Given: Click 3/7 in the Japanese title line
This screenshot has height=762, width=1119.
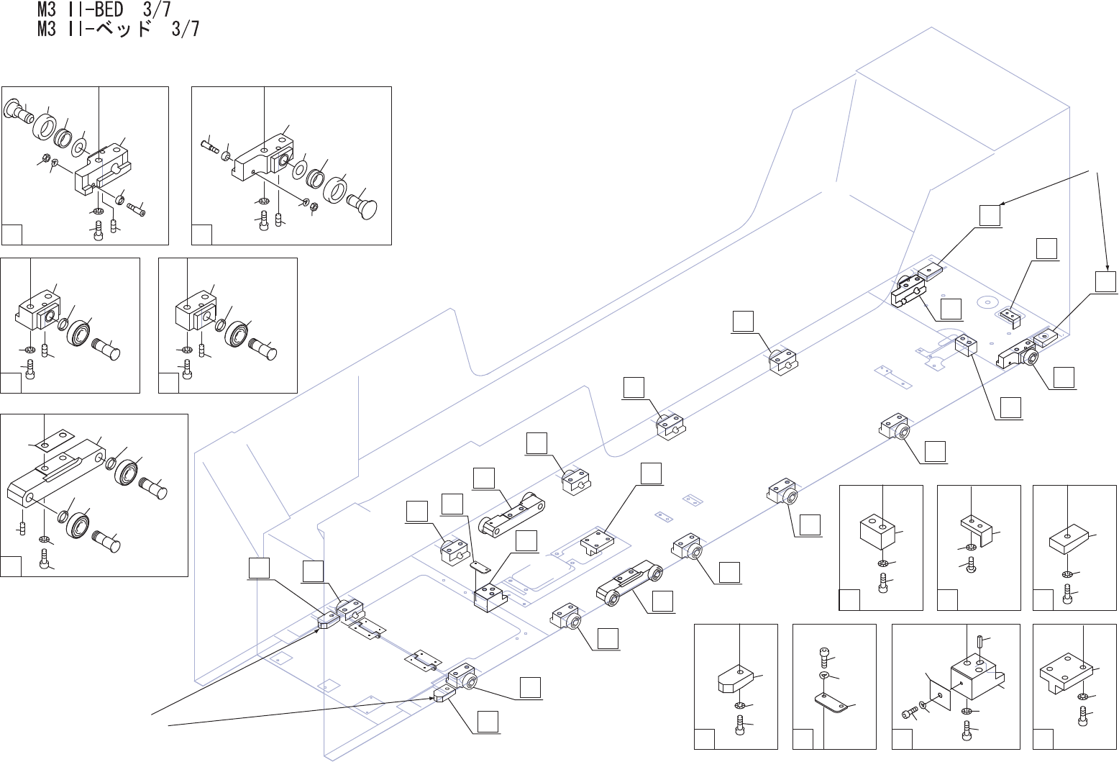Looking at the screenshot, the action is [x=186, y=30].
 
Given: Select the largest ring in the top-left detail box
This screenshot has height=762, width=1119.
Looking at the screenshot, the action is [x=45, y=126].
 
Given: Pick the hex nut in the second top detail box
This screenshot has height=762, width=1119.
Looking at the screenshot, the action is [x=314, y=206].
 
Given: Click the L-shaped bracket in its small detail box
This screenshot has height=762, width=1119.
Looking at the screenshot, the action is [x=976, y=530].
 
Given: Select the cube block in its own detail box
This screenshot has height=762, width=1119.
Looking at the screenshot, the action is [x=879, y=532].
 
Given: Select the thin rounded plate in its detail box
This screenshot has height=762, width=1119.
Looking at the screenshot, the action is [x=831, y=702].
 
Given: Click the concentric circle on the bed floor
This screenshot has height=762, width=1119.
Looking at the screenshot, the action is [x=987, y=301].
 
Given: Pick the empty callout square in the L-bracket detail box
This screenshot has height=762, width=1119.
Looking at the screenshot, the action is [x=947, y=600].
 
